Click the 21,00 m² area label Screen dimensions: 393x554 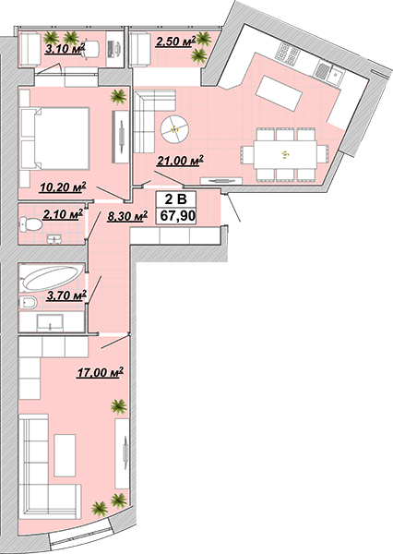click(181, 161)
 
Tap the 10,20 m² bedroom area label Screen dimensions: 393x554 click(63, 187)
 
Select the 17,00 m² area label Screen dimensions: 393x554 click(101, 372)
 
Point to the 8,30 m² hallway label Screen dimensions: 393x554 click(127, 216)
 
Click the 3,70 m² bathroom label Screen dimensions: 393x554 click(66, 295)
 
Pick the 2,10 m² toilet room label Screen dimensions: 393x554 click(63, 214)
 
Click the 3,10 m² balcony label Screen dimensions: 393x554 click(65, 48)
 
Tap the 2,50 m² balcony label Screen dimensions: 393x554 click(176, 42)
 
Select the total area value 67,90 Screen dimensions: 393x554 click(178, 215)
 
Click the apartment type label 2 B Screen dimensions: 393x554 click(176, 199)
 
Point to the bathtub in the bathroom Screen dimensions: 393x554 click(52, 278)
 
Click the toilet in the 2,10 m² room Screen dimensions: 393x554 click(31, 224)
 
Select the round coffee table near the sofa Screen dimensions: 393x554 click(174, 128)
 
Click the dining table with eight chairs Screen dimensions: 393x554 click(285, 154)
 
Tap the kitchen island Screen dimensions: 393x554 click(279, 93)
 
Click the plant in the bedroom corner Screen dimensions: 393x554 click(118, 96)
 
